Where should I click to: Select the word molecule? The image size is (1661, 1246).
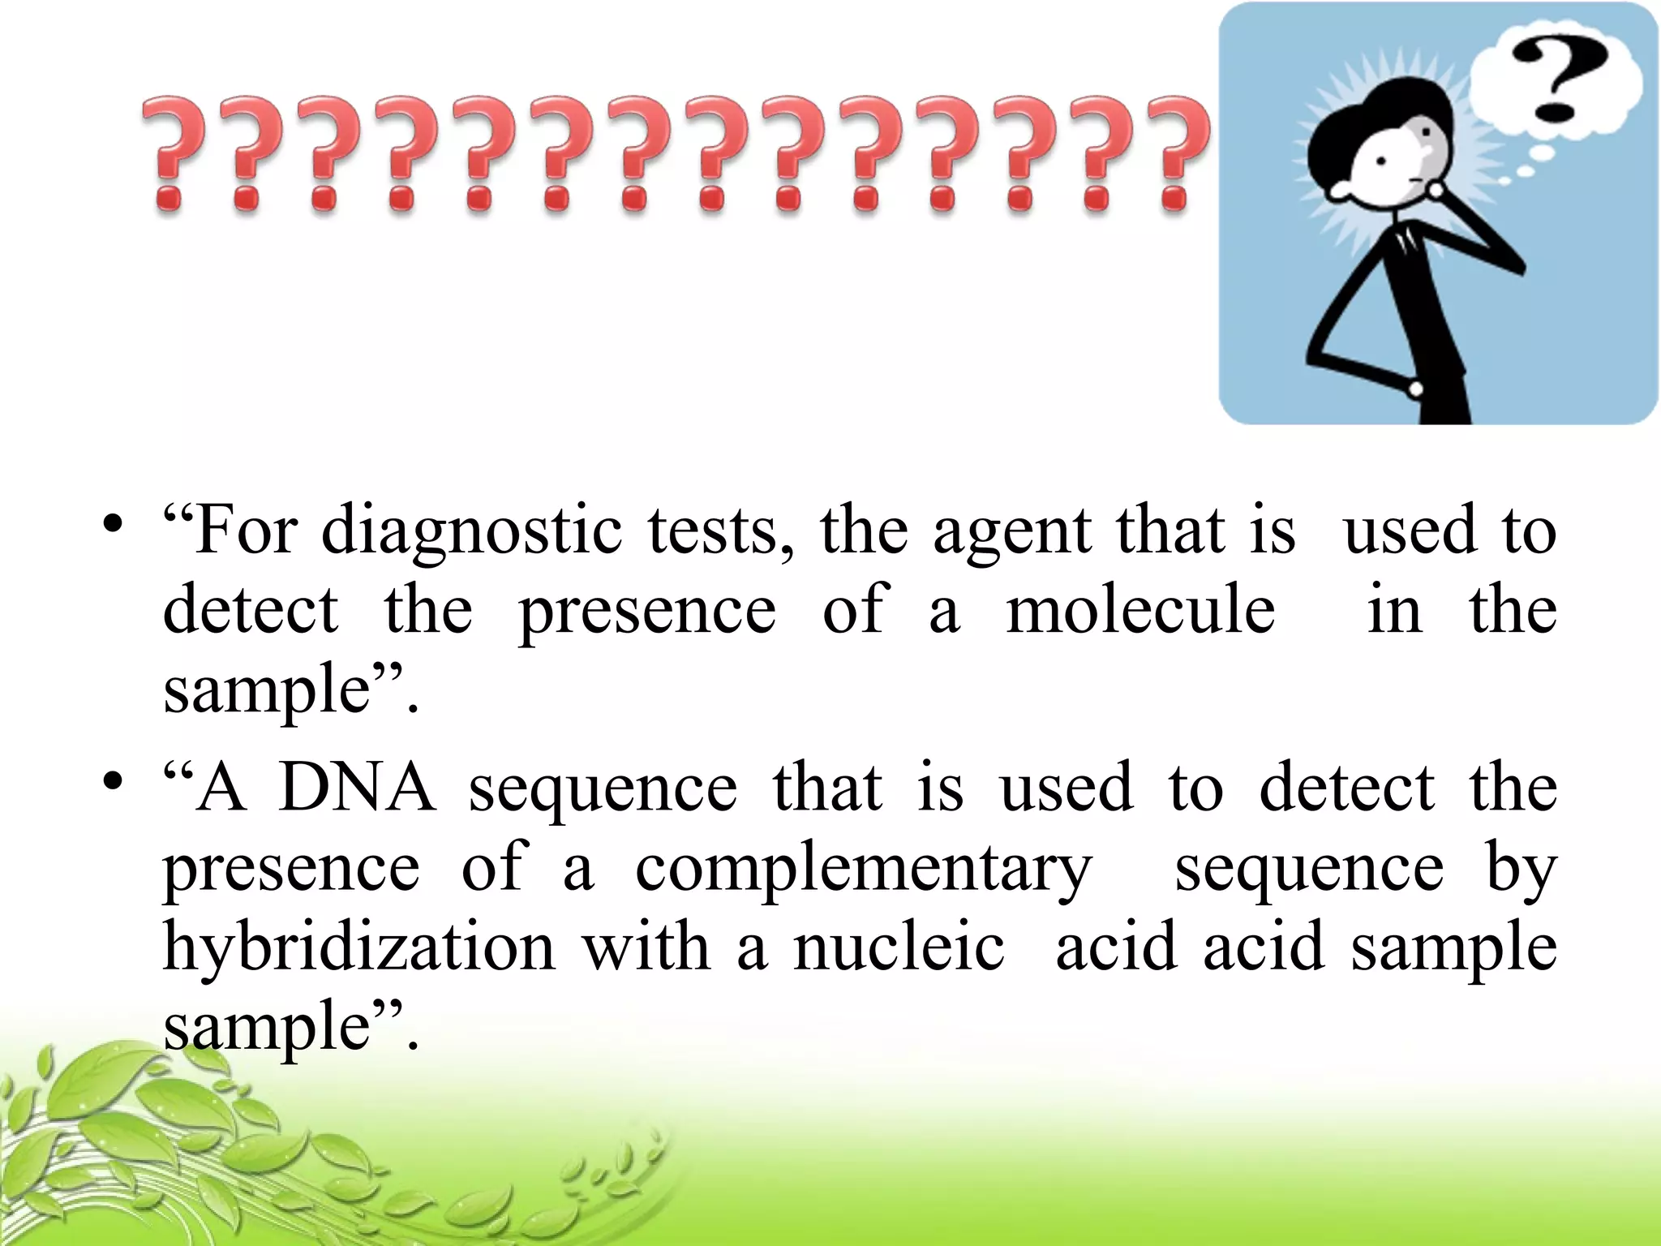tap(1140, 610)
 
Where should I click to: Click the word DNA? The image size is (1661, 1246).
tap(357, 787)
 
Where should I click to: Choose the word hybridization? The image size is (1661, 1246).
tap(358, 947)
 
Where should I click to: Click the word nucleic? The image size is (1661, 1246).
tap(899, 947)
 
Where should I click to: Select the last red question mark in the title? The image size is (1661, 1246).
tap(1174, 154)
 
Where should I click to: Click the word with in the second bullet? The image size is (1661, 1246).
tap(646, 947)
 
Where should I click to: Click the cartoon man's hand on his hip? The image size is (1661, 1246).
tap(1414, 389)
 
